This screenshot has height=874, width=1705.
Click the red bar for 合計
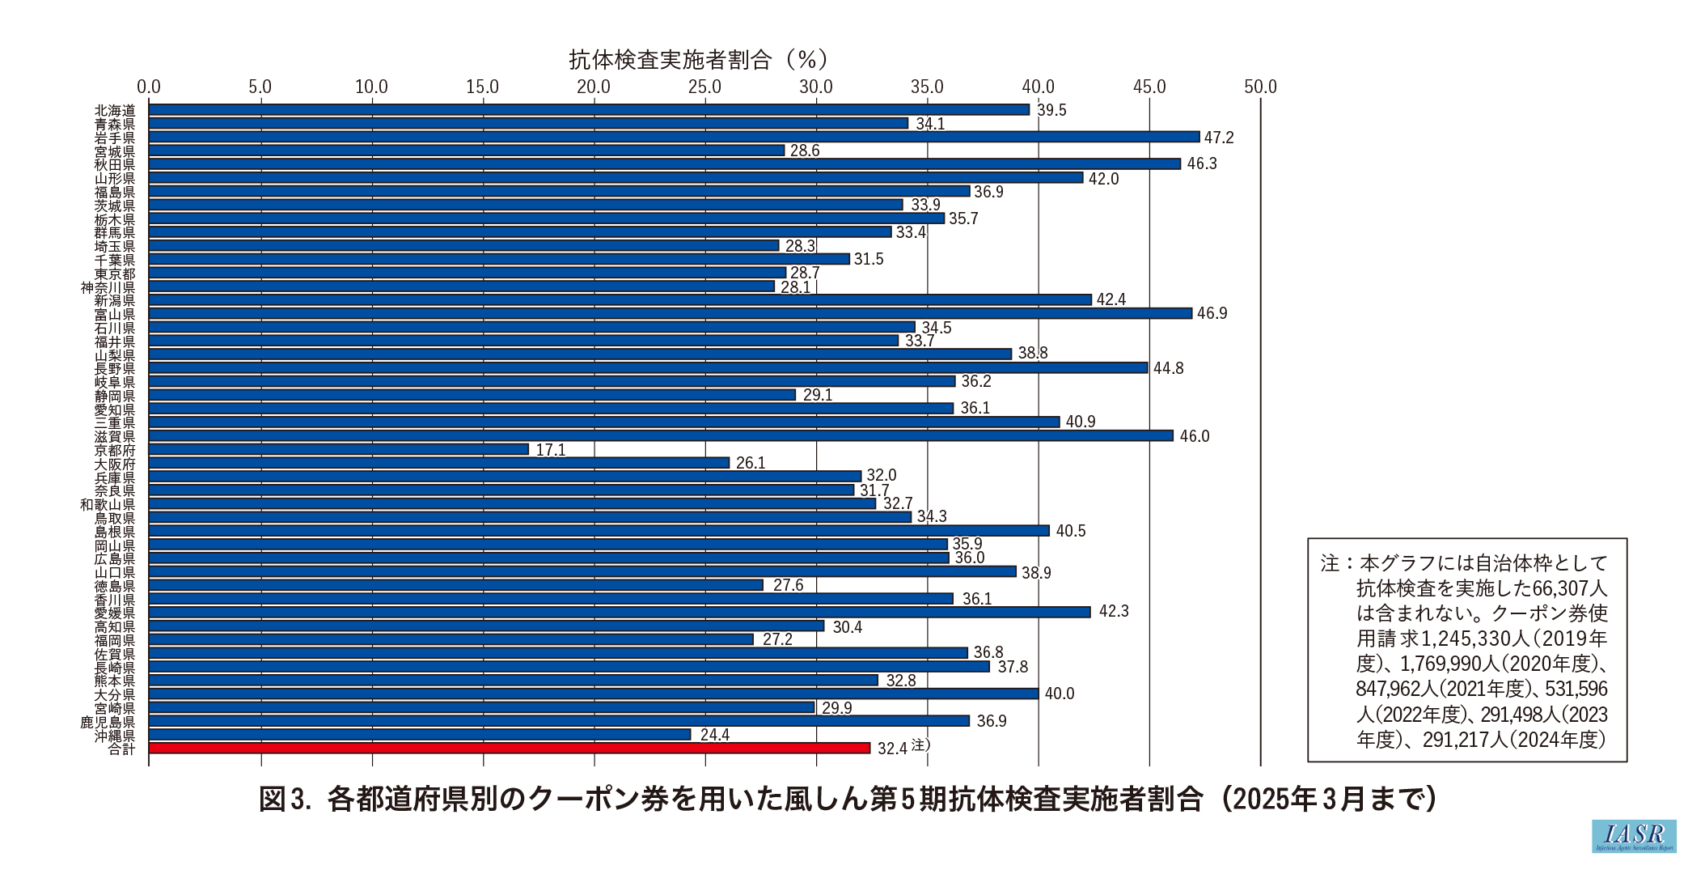pyautogui.click(x=510, y=748)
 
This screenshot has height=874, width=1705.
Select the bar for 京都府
pyautogui.click(x=339, y=449)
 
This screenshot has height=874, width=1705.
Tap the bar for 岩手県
pyautogui.click(x=674, y=137)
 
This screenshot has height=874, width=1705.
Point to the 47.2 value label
pyautogui.click(x=1219, y=138)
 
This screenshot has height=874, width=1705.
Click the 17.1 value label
pyautogui.click(x=551, y=450)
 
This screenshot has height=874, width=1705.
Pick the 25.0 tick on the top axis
pyautogui.click(x=704, y=87)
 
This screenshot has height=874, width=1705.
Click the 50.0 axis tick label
pyautogui.click(x=1260, y=87)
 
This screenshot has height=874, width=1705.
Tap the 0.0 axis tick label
pyautogui.click(x=149, y=87)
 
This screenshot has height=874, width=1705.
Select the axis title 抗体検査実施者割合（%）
pyautogui.click(x=698, y=59)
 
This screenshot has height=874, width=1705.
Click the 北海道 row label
pyautogui.click(x=115, y=110)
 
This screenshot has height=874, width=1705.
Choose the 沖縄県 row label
pyautogui.click(x=115, y=736)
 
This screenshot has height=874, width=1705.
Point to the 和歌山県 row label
pyautogui.click(x=108, y=504)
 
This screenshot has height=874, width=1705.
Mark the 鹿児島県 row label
pyautogui.click(x=108, y=722)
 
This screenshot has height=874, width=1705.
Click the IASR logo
pyautogui.click(x=1634, y=836)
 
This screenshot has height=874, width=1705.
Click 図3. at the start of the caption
pyautogui.click(x=285, y=800)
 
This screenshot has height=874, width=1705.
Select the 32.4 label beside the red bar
pyautogui.click(x=892, y=749)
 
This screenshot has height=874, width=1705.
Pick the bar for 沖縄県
pyautogui.click(x=420, y=734)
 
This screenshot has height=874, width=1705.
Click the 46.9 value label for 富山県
pyautogui.click(x=1212, y=313)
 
